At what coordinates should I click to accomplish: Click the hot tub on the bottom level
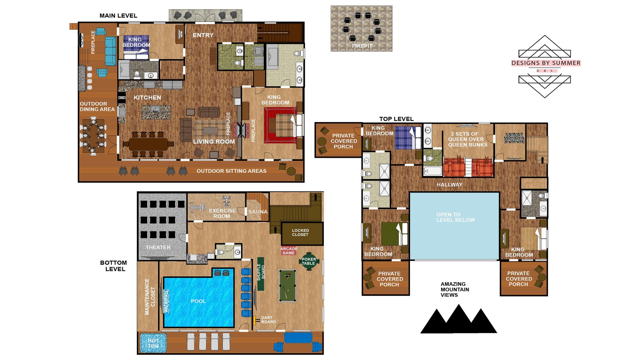153,343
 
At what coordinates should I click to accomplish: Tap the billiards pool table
287,286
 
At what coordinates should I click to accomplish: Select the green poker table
308,261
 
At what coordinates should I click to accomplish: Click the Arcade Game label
289,251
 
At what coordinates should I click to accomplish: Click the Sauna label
258,212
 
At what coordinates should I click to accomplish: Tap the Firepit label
362,46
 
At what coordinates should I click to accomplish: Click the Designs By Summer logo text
546,63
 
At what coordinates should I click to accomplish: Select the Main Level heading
118,16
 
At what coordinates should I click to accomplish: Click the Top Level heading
396,119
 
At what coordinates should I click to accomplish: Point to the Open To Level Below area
455,217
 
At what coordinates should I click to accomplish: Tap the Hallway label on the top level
449,185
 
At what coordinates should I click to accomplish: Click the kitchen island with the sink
156,112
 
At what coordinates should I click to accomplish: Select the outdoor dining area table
94,136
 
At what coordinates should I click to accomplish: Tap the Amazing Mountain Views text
454,289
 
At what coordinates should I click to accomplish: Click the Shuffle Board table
261,274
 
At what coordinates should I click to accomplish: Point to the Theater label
158,248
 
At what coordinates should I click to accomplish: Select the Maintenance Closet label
150,296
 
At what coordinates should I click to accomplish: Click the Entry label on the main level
203,35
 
